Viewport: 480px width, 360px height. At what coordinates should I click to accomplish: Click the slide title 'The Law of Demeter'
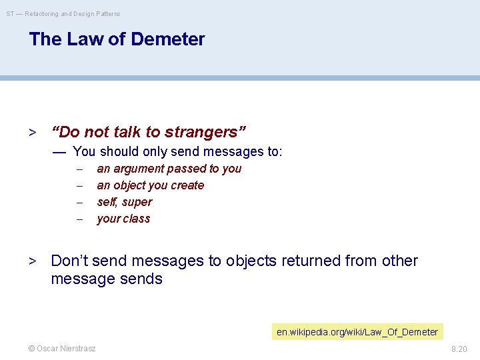tap(117, 39)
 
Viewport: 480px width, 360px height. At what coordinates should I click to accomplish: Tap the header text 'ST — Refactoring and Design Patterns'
tap(63, 13)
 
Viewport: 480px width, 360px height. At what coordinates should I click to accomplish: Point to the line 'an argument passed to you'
tap(169, 169)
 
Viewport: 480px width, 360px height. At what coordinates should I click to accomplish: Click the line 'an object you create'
tap(150, 185)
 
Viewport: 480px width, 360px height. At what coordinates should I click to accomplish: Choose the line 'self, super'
tap(124, 202)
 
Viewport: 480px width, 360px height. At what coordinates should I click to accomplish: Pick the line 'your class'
tap(123, 219)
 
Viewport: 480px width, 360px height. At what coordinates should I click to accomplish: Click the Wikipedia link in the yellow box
tap(357, 332)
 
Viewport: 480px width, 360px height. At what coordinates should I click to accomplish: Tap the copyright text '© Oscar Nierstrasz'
tap(61, 349)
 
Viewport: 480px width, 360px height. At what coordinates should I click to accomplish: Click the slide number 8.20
tap(459, 349)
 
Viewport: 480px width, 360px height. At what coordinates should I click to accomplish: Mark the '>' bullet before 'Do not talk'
tap(31, 133)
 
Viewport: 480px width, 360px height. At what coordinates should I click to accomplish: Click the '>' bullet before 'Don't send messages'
tap(31, 261)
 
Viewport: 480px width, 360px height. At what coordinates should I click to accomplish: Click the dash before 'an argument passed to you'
tap(79, 169)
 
